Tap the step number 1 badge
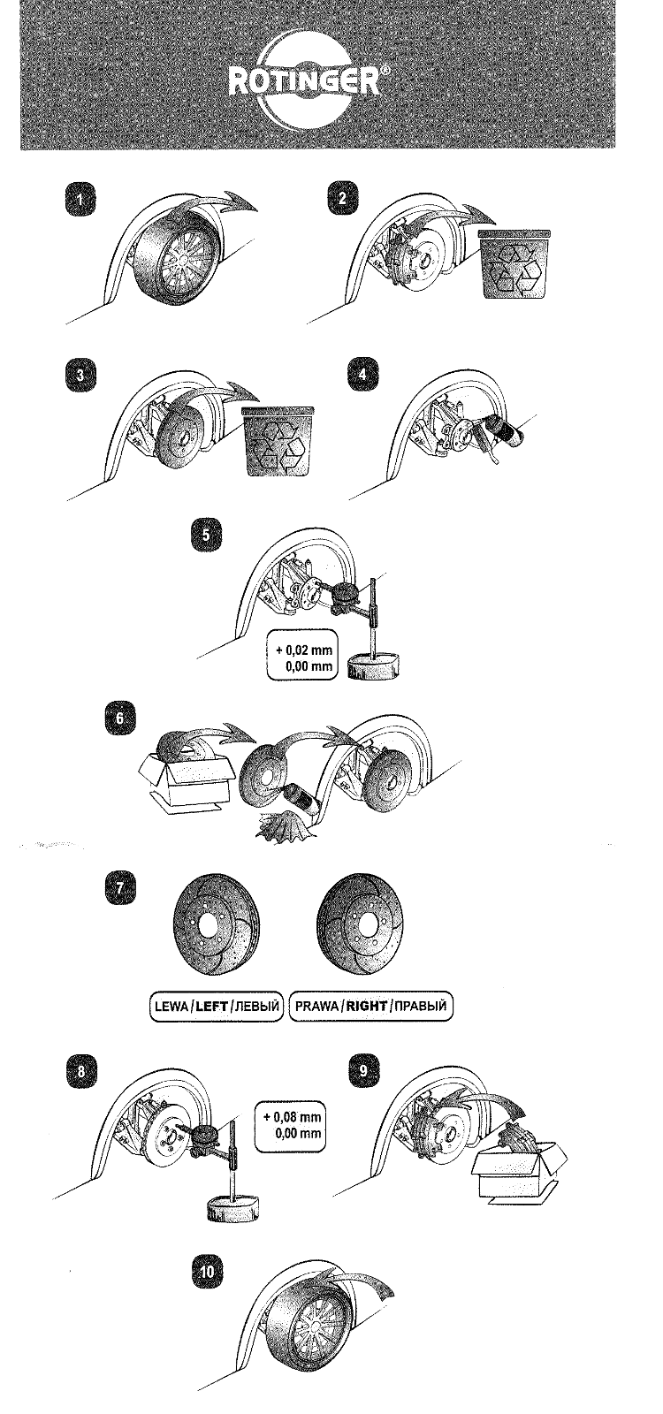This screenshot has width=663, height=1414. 81,200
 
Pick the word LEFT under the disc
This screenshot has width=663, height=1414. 212,1006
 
